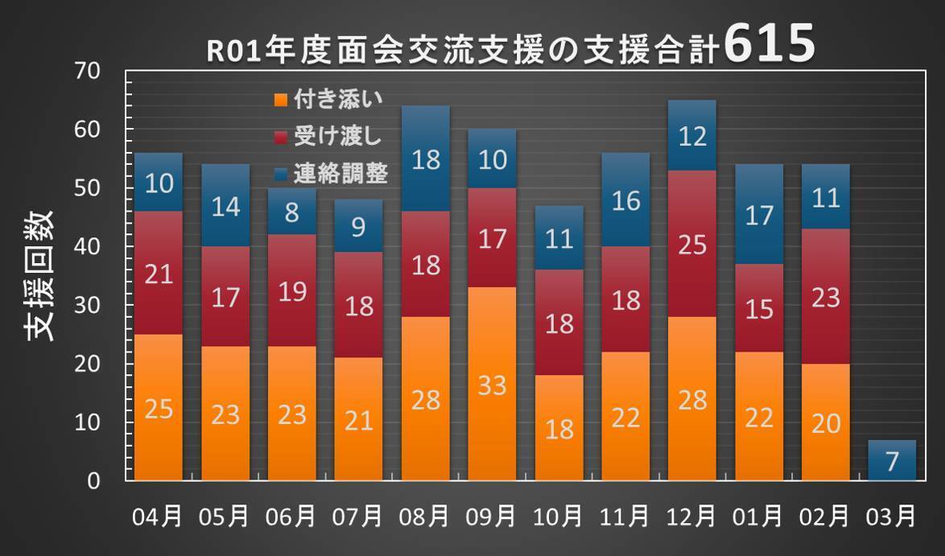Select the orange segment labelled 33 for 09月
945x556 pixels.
pyautogui.click(x=492, y=384)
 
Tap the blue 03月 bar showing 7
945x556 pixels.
pyautogui.click(x=892, y=461)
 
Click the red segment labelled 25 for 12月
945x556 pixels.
pyautogui.click(x=692, y=244)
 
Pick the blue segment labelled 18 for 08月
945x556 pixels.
pyautogui.click(x=426, y=159)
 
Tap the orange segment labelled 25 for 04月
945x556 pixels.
pyautogui.click(x=159, y=408)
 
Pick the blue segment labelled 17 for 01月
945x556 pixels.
pyautogui.click(x=759, y=216)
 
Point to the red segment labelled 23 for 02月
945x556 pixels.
pyautogui.click(x=826, y=296)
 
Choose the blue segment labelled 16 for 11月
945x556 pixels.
pyautogui.click(x=625, y=200)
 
